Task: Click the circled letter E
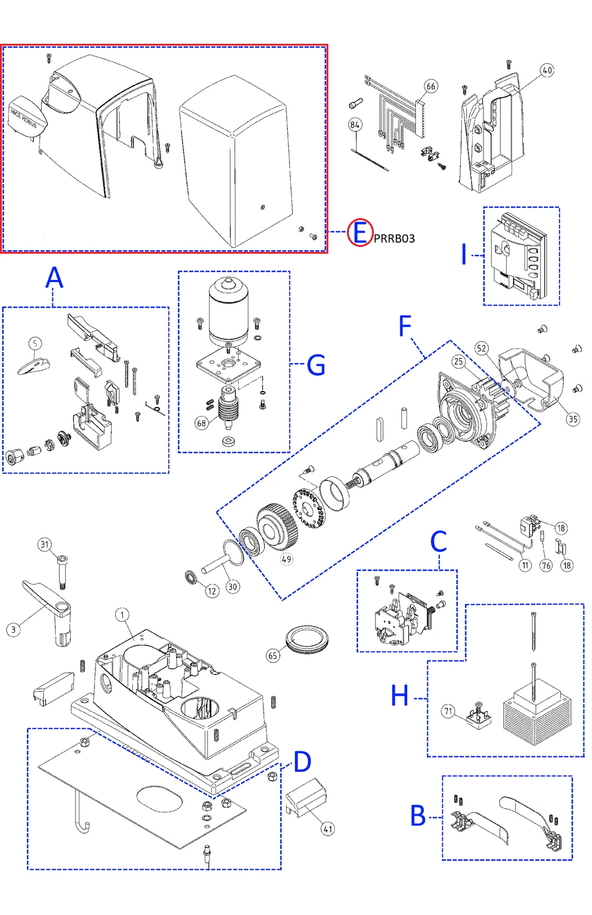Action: coord(360,233)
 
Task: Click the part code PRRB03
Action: coord(394,239)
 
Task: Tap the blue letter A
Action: coord(54,278)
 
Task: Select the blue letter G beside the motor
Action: coord(316,365)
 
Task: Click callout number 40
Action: coord(547,70)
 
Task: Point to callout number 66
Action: coord(430,86)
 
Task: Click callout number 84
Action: coord(355,125)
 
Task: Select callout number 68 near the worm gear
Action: coord(201,423)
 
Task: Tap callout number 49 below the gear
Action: coord(286,559)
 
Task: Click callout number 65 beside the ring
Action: coord(273,656)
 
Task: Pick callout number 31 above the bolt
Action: coord(45,544)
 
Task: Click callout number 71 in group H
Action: coord(448,711)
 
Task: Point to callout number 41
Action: coord(328,829)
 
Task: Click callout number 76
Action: coord(546,566)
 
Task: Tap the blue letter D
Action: coord(302,762)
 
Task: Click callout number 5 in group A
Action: coord(35,344)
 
